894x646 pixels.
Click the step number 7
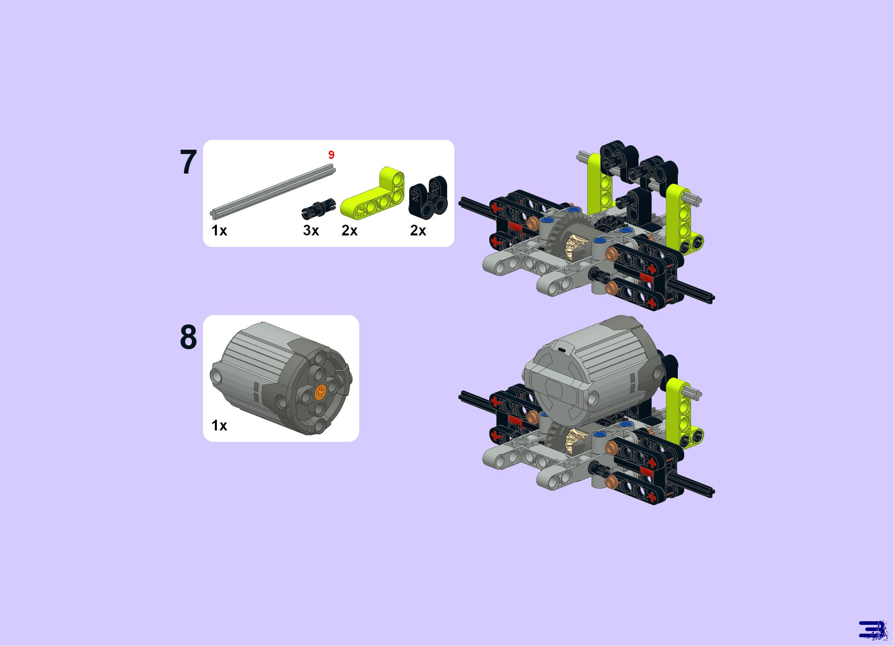(189, 162)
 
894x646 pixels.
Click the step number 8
(189, 337)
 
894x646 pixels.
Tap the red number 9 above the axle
(331, 155)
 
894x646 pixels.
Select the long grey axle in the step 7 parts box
(273, 192)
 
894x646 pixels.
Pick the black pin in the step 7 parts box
(319, 208)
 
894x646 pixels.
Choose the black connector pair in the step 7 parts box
(428, 197)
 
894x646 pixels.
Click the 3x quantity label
(311, 230)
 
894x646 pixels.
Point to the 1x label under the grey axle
(219, 230)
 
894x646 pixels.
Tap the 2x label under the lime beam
(350, 230)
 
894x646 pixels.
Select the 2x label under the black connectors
(418, 230)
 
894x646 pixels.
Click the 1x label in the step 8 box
(219, 425)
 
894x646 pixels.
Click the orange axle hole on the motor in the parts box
(320, 392)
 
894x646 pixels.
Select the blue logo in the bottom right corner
(873, 630)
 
